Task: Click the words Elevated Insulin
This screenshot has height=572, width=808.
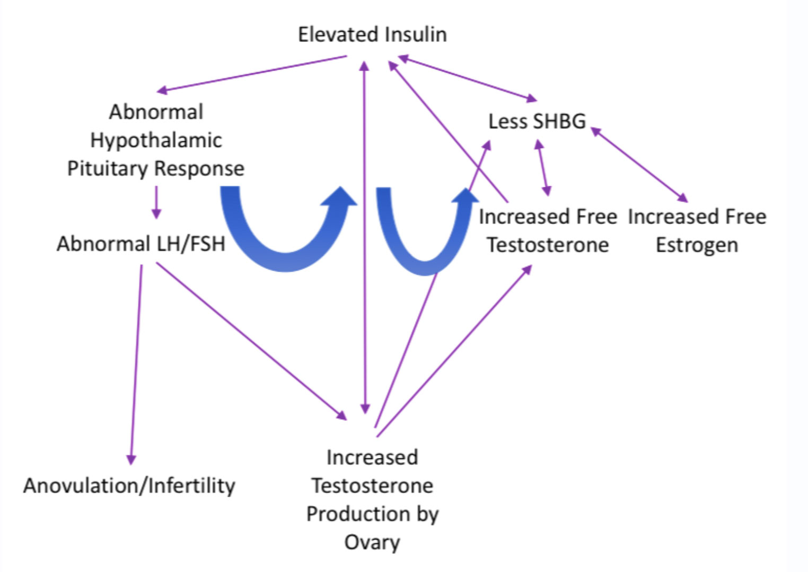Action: pos(372,34)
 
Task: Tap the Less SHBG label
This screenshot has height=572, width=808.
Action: pos(537,122)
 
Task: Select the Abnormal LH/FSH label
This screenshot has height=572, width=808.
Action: pos(141,244)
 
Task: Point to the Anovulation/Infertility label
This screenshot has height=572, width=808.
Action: pos(129,486)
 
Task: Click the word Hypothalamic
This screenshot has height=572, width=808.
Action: pos(156,141)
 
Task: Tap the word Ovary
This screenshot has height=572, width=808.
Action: pos(372,542)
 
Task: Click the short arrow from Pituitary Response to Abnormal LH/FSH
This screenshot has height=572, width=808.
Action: pos(156,203)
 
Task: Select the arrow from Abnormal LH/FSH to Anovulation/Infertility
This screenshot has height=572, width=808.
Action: pos(136,365)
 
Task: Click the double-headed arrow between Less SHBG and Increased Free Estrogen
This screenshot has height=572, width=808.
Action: pos(639,164)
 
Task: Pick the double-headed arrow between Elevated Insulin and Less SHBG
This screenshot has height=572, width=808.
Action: pos(467,79)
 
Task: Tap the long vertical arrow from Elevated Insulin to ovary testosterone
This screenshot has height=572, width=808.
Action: pos(365,237)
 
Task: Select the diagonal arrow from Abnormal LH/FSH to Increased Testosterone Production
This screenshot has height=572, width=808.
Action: pos(251,341)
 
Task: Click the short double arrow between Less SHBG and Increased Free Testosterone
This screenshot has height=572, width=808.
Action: pos(543,168)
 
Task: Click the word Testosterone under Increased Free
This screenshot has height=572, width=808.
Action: pos(548,245)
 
